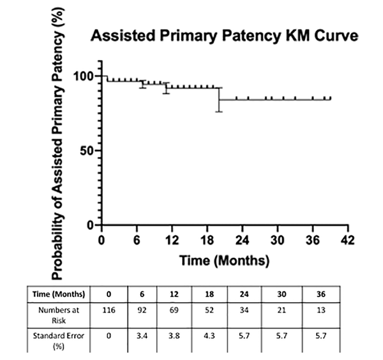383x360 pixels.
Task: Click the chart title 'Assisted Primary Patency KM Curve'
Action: tap(224, 36)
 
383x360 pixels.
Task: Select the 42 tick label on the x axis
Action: tap(347, 238)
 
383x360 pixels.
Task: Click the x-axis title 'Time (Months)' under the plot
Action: tap(224, 260)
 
